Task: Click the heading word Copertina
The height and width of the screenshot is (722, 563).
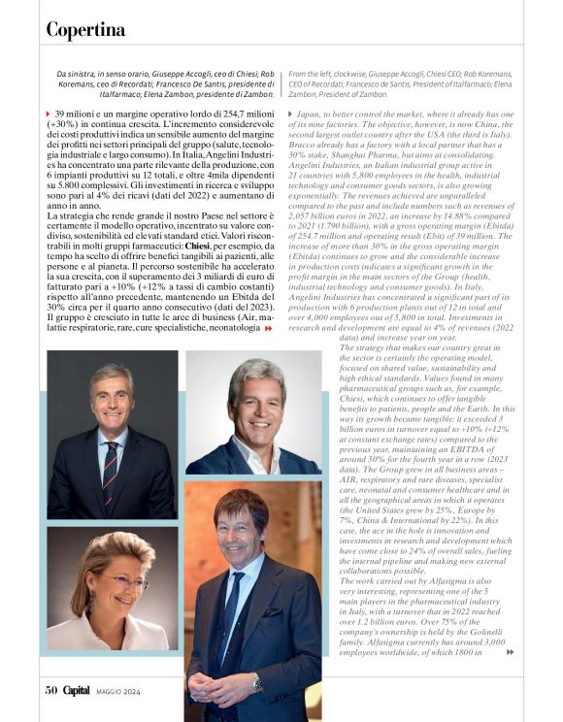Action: pos(85,30)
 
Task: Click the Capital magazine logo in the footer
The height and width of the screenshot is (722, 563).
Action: pos(77,691)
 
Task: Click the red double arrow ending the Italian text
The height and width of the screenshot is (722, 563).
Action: pos(269,356)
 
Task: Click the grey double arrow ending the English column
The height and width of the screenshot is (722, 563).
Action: pos(510,652)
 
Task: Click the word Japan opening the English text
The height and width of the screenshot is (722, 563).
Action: pos(312,115)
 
